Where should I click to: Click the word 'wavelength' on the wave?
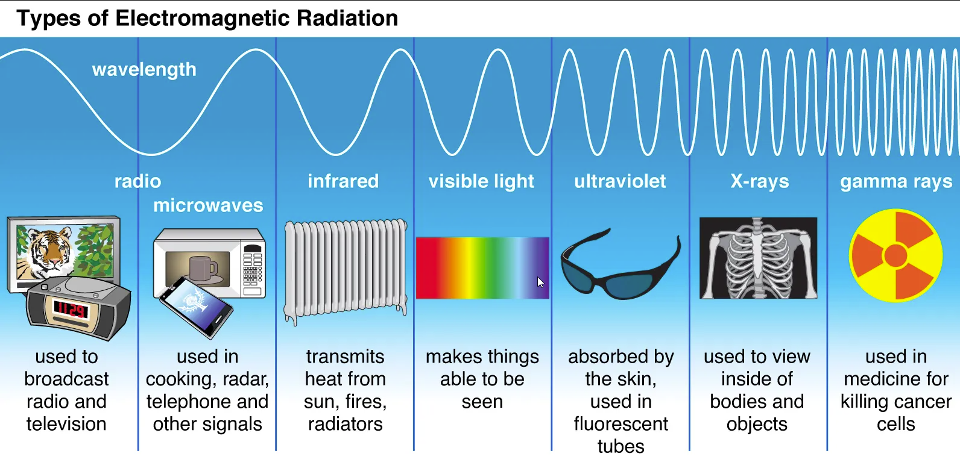click(144, 69)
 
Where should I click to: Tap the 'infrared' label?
click(343, 181)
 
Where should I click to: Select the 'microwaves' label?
click(208, 205)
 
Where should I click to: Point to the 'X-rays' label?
click(759, 181)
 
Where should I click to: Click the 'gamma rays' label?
click(896, 182)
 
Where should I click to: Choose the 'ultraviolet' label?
click(620, 181)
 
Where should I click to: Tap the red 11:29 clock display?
click(71, 310)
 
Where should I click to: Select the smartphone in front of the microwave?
click(197, 307)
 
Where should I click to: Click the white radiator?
click(346, 270)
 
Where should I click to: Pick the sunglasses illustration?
click(620, 266)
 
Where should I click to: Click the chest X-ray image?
click(758, 258)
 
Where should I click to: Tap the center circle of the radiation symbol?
click(895, 255)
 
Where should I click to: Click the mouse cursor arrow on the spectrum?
click(540, 282)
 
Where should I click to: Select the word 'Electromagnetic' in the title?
click(203, 19)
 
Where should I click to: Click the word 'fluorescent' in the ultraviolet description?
click(621, 424)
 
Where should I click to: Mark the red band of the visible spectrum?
click(429, 268)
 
